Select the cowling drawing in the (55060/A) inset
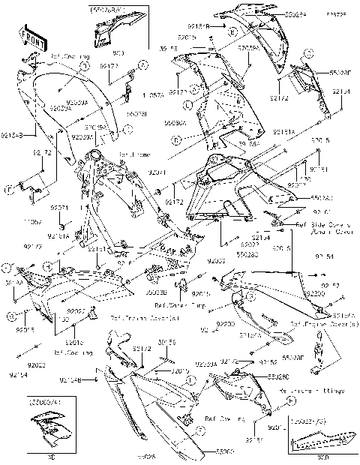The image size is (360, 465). click(47, 431)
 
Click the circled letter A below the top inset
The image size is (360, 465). click(84, 66)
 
